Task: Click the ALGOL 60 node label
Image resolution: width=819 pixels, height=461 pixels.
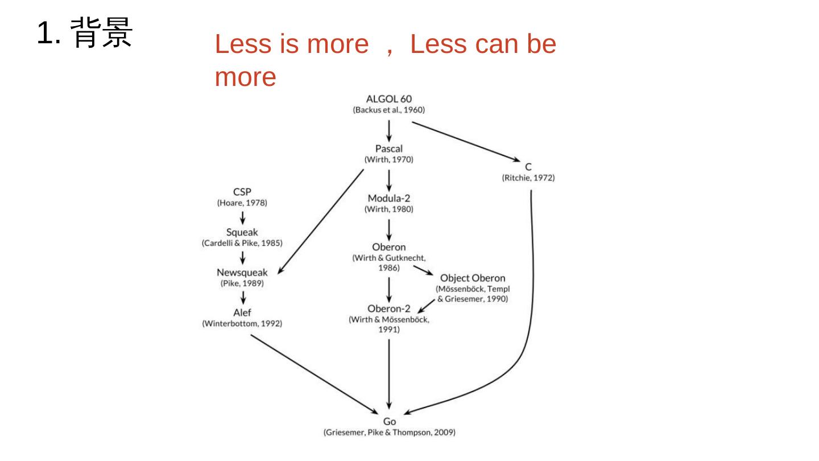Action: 389,99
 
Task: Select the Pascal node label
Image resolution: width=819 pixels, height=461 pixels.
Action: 389,149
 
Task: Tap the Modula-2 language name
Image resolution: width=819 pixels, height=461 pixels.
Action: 389,198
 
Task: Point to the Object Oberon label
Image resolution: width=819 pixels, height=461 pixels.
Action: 473,278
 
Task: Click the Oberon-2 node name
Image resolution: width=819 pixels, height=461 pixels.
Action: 389,308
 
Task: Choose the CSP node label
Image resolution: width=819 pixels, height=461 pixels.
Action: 242,192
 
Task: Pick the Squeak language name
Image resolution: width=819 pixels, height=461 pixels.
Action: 242,232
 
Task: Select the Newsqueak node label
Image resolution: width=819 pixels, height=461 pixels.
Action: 242,272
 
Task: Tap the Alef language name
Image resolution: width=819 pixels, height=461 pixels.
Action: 242,312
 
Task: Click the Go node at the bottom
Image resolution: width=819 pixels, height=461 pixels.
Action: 390,422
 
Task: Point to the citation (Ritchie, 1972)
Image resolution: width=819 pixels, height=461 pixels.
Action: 528,178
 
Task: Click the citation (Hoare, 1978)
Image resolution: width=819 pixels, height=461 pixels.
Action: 242,203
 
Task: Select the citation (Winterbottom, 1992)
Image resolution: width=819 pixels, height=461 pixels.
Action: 242,323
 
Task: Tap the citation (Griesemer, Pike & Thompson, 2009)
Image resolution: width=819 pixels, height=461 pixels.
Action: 390,433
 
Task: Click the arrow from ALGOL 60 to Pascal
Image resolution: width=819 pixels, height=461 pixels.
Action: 389,130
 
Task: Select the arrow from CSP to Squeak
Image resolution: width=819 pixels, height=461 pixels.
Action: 243,217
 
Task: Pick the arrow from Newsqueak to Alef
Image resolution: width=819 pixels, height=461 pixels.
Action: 243,298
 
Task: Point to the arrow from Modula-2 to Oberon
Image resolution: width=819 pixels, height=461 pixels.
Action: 389,229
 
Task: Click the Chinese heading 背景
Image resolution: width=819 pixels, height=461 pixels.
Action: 103,33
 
